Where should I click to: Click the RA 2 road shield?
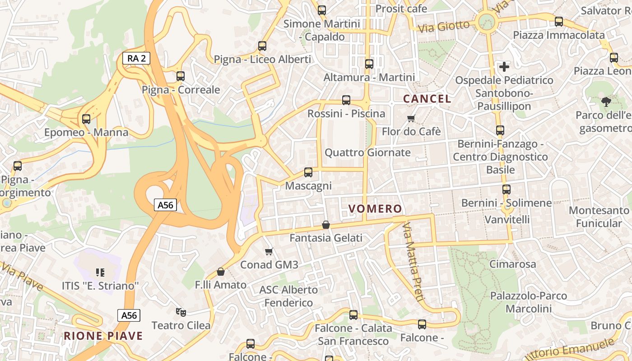coord(136,58)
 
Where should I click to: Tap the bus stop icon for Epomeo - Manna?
coord(86,119)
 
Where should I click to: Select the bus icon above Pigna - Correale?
coord(181,76)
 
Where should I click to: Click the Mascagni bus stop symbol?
coord(308,172)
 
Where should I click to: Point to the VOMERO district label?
coord(375,208)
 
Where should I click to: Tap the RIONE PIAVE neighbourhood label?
coord(103,336)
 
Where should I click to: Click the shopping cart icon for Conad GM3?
coord(269,251)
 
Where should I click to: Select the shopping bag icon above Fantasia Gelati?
coord(325,224)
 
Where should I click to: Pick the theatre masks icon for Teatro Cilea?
coord(181,312)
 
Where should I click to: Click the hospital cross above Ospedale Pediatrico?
coord(504,67)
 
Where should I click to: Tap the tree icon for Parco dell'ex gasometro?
coord(605,102)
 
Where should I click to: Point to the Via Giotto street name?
coord(444,26)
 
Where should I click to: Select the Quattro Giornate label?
coord(367,153)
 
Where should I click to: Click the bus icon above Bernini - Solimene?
coord(506,190)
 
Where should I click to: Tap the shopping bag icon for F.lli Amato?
coord(220,271)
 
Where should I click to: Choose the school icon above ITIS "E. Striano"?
coord(100,272)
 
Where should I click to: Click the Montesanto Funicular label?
coord(599,217)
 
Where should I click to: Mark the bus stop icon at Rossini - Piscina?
coord(346,100)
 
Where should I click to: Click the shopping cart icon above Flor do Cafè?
coord(411,119)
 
